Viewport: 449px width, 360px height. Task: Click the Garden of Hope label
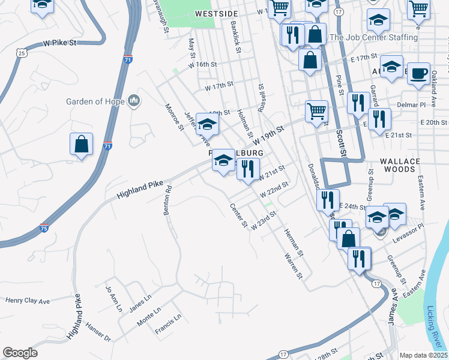tap(95, 101)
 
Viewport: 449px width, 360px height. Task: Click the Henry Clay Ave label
tap(28, 299)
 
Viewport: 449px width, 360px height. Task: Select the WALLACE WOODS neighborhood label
tap(406, 165)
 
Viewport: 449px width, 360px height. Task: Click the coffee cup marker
tap(418, 73)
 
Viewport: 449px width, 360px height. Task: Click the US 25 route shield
tap(22, 53)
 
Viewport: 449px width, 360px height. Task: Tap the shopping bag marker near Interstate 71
tap(81, 145)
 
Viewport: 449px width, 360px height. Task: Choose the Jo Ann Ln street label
tap(113, 298)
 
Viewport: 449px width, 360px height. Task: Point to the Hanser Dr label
tap(98, 334)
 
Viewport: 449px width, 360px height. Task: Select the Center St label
tap(239, 215)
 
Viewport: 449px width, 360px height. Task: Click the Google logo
tap(20, 353)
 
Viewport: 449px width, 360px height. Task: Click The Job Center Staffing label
tap(373, 37)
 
